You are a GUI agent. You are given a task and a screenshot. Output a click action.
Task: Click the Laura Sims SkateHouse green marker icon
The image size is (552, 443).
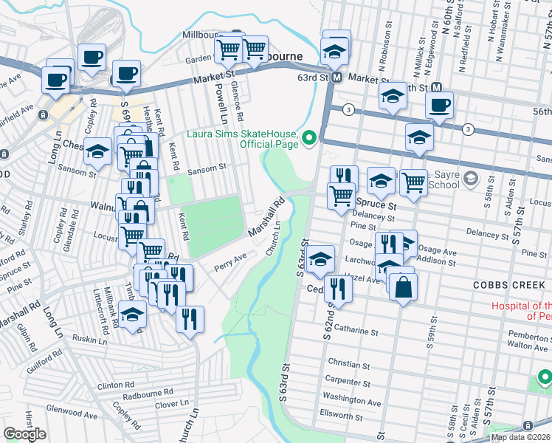[309, 137]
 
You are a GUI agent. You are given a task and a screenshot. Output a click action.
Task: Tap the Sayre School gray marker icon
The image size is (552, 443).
[472, 179]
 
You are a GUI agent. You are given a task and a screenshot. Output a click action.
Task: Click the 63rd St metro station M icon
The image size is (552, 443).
[336, 78]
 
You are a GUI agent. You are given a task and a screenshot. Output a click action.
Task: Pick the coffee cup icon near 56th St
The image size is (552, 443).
[439, 106]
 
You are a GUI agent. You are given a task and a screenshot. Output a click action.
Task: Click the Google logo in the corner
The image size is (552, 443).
[24, 433]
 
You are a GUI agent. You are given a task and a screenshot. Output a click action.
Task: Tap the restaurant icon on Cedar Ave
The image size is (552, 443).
[337, 287]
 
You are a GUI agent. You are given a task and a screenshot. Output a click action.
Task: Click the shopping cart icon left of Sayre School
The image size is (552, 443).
[413, 181]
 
